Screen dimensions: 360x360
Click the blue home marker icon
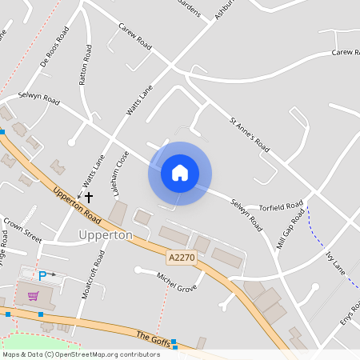[180, 173]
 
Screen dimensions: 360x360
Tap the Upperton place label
[106, 235]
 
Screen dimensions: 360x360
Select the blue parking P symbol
[42, 274]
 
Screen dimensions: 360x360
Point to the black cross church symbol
[88, 196]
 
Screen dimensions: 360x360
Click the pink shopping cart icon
[33, 296]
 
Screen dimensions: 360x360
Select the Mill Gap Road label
[291, 230]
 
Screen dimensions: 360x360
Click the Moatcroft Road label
[93, 274]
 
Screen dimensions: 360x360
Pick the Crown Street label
[22, 230]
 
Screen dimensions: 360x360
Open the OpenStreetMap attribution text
[81, 354]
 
